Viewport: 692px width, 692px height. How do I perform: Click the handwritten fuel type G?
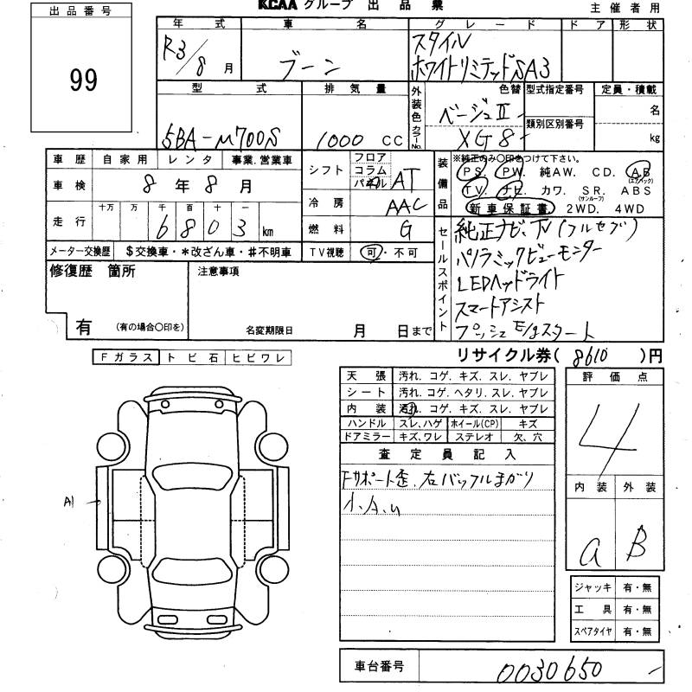point(403,229)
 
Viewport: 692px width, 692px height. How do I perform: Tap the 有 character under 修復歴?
point(84,327)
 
